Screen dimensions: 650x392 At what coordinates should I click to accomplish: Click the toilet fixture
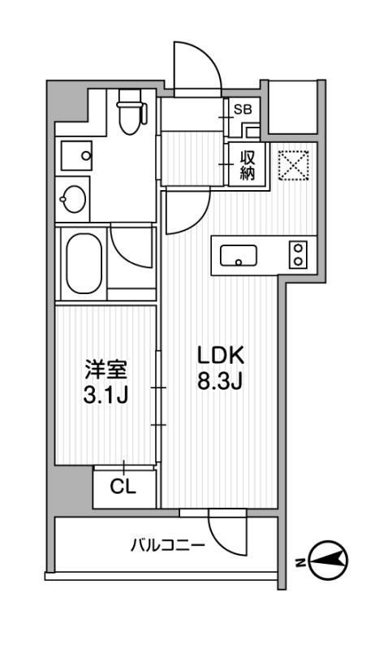129,114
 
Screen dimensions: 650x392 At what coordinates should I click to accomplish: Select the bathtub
81,262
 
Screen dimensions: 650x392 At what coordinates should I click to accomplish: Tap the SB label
243,108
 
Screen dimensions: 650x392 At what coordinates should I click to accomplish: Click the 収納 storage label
248,165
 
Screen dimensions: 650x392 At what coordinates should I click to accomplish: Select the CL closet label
123,489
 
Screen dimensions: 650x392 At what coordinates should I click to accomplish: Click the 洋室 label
106,370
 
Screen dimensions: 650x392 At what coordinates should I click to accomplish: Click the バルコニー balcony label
168,545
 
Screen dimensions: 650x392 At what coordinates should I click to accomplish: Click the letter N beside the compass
300,561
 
